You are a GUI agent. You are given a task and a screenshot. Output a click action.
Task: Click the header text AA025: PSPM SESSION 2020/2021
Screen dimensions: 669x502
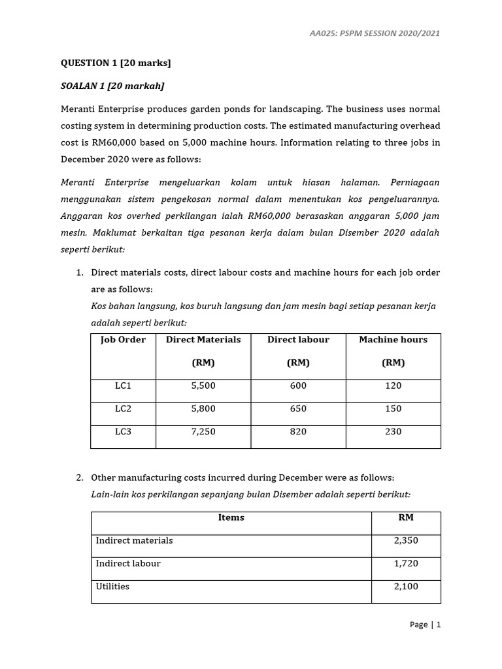coord(375,33)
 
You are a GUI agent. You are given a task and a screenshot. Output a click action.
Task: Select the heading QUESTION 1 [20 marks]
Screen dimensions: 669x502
coord(116,63)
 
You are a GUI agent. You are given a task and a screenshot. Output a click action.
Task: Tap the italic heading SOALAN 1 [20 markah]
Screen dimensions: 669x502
coord(112,86)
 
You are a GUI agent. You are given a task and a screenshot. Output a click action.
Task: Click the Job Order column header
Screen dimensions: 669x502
coord(123,340)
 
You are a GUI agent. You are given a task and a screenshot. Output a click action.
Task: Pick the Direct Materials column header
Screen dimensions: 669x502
coord(203,340)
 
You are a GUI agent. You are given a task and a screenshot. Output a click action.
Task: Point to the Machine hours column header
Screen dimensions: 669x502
coord(393,340)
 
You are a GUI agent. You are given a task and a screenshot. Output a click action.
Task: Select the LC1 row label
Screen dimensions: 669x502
coord(123,386)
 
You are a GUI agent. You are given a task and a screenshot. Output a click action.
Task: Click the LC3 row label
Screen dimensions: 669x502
coord(123,432)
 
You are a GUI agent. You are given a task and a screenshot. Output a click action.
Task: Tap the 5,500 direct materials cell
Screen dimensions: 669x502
coord(203,386)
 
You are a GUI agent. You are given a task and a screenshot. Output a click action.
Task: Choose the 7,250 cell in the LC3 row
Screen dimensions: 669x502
coord(203,432)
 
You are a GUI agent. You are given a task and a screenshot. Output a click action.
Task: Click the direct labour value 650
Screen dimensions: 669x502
coord(297,409)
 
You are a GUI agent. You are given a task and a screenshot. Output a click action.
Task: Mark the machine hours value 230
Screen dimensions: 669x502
coord(393,432)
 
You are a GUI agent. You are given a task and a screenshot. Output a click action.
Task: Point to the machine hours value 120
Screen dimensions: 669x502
coord(393,386)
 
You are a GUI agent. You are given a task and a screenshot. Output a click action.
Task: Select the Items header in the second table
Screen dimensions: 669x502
coord(231,517)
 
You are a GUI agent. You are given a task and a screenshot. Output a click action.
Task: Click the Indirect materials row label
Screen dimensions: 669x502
coord(135,541)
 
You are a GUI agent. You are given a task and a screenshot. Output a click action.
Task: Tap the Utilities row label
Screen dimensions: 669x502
coord(112,587)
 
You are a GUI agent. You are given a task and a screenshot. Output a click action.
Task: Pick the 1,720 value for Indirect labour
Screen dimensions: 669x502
coord(406,564)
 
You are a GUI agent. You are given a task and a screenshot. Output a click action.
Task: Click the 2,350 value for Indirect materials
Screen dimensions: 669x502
coord(406,541)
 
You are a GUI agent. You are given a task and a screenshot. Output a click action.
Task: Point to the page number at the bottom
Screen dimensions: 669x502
coord(425,625)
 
